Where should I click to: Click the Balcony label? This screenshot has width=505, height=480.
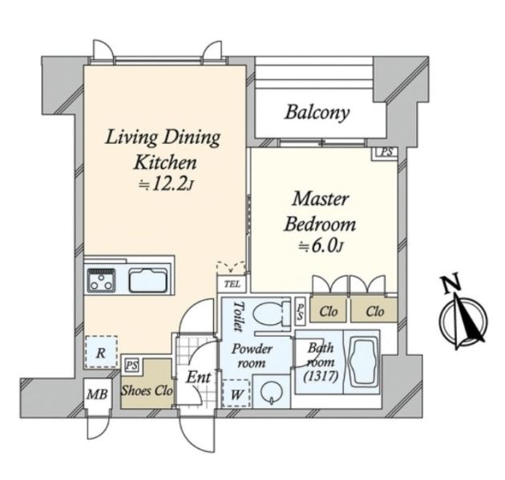[317, 111]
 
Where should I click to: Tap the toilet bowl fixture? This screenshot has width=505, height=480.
[271, 313]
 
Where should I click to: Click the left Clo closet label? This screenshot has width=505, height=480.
[329, 311]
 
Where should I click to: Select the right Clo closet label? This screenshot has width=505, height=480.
[374, 311]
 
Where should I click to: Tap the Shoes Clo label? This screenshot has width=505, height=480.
[147, 392]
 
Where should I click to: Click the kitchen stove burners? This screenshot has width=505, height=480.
[102, 280]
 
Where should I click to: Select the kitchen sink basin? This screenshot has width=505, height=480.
[147, 281]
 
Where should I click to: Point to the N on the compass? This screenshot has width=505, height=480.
[451, 284]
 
